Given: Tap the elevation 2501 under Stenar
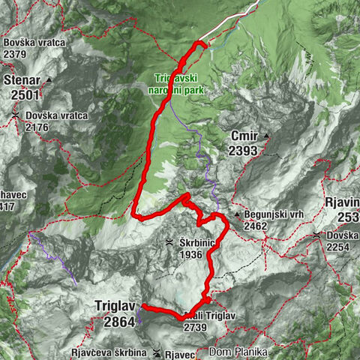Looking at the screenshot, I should coord(25,94).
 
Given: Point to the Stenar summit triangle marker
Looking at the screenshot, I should coord(49,79).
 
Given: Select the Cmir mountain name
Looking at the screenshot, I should coord(244,136).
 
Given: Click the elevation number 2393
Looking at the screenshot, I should coord(244,151).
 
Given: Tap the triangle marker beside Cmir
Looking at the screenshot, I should coord(265,136).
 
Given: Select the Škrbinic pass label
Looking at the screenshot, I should coord(197,243).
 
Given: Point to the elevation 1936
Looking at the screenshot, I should coord(192,254).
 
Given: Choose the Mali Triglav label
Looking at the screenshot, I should coord(212,316).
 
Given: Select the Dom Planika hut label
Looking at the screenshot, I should coord(237,350).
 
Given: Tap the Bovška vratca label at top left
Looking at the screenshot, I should coord(34,43).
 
